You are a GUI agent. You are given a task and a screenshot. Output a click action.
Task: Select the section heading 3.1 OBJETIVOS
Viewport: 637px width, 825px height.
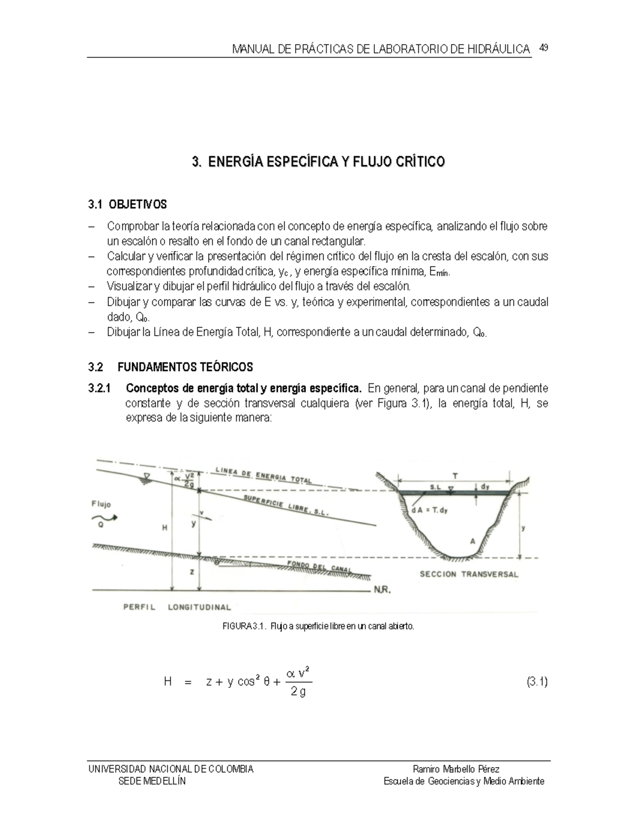point(127,205)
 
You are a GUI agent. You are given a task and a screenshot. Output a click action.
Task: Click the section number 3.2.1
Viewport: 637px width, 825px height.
point(99,388)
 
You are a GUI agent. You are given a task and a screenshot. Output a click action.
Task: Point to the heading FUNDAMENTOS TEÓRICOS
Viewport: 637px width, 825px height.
point(185,367)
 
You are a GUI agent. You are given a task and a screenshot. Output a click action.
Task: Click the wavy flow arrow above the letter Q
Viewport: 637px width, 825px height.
point(102,517)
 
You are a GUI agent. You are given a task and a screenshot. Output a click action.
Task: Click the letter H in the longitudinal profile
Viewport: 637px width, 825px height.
point(165,528)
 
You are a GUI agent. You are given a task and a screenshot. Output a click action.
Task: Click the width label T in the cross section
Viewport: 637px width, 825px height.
point(455,476)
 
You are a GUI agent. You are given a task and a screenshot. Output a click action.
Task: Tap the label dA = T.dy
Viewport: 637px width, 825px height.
point(429,511)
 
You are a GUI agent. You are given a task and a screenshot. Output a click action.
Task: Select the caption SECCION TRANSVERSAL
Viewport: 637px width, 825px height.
point(469,574)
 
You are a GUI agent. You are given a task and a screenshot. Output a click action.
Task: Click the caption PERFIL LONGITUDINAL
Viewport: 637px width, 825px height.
point(177,607)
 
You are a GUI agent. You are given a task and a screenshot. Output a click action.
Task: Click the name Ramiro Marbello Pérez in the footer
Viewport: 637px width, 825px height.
point(455,769)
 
